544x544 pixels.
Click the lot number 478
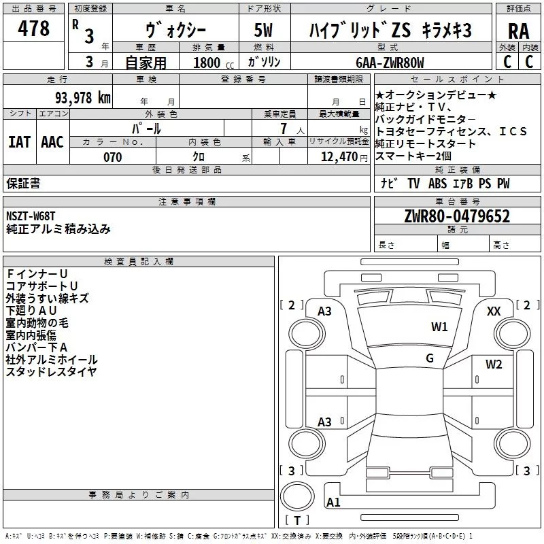click(x=34, y=29)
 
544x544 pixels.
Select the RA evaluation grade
click(x=518, y=31)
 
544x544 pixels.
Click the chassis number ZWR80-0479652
click(x=457, y=216)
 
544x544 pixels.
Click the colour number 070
click(x=112, y=157)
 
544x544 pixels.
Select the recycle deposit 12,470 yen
click(x=339, y=157)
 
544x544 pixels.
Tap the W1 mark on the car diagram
click(x=439, y=327)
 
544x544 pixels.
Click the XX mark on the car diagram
click(x=494, y=311)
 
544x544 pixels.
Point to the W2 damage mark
click(x=494, y=364)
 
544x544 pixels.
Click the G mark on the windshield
click(x=430, y=358)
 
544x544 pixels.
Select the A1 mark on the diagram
click(x=333, y=503)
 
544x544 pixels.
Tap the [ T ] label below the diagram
click(x=297, y=521)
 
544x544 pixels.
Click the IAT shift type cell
click(x=20, y=141)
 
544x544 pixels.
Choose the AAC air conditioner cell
click(x=52, y=141)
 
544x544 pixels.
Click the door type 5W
click(x=263, y=31)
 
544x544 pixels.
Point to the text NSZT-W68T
click(x=31, y=216)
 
